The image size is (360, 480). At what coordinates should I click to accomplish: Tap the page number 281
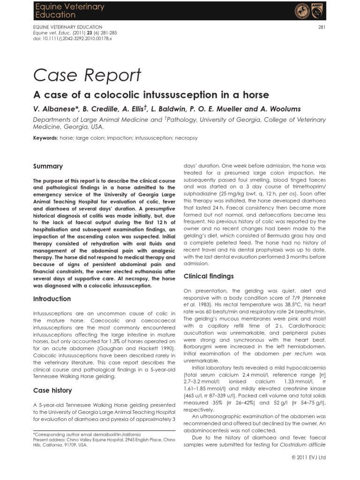point(322,27)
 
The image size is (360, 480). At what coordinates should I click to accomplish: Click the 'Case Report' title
point(87,75)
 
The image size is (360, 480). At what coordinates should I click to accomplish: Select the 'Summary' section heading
point(47,166)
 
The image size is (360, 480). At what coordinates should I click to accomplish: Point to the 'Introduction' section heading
point(52,299)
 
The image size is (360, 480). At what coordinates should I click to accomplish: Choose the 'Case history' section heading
point(52,390)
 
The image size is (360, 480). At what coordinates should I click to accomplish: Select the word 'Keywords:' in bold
point(45,138)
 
